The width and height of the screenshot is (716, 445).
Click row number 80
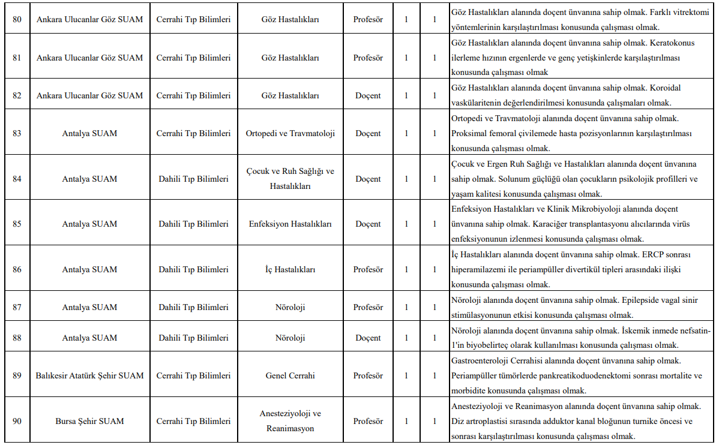point(17,20)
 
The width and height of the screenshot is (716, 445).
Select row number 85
point(17,224)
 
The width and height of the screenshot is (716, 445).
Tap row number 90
point(17,421)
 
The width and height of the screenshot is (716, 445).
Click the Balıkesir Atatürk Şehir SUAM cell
point(89,375)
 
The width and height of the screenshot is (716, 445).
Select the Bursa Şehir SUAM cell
point(89,421)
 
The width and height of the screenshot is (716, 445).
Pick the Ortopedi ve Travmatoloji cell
point(290,133)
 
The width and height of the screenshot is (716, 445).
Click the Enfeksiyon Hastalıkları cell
point(290,224)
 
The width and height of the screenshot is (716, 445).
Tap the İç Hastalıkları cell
point(290,269)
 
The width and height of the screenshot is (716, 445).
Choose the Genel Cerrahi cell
point(290,375)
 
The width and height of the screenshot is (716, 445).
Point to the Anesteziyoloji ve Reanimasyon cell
point(290,421)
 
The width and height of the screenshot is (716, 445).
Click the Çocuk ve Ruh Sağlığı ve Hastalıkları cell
point(290,179)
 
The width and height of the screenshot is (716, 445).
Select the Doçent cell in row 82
point(368,95)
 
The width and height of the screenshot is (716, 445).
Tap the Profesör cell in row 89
point(368,375)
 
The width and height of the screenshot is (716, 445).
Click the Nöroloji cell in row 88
point(290,338)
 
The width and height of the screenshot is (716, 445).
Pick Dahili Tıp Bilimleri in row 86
point(193,269)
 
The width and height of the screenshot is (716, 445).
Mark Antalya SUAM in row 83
point(89,133)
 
